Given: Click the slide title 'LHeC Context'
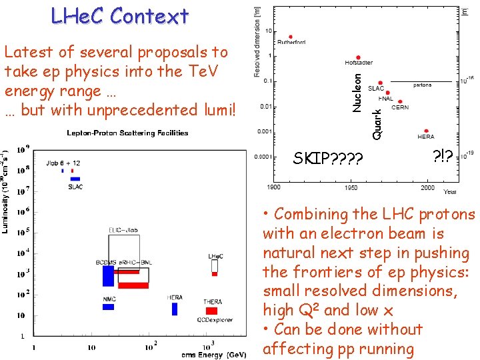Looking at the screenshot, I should coord(120,15).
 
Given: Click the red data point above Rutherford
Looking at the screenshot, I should coord(291,37).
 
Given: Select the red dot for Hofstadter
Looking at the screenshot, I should coord(359,57).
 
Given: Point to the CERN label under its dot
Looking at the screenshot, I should coord(400,107).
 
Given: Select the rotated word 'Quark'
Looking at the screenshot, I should coord(377,124).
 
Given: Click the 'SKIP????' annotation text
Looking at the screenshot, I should coord(328,159).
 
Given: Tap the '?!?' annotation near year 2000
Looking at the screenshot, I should coord(443,156).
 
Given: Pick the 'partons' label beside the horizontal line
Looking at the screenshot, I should coord(422,85).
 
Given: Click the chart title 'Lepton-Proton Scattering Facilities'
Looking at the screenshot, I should coord(127,133).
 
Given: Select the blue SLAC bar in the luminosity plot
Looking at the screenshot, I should coord(75,179).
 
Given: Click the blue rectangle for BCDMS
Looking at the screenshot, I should coord(108,275).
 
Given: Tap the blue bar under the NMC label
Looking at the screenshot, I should coord(108,307).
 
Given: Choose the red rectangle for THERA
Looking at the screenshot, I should coord(211,311).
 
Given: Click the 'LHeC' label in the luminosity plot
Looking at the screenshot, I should coord(215,256).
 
